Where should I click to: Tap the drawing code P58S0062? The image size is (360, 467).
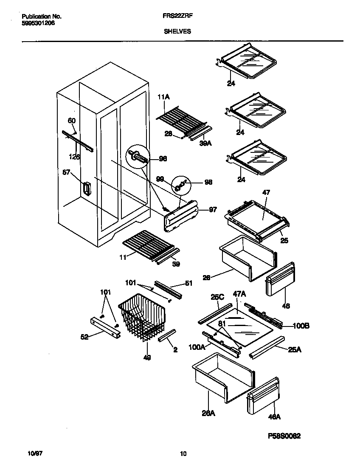click(284, 436)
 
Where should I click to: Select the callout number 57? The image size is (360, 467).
click(66, 172)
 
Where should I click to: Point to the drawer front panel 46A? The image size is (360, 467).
click(263, 397)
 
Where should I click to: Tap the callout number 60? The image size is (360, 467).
click(72, 121)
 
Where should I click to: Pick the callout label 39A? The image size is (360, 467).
click(205, 144)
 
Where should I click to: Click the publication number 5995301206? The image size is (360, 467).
click(38, 23)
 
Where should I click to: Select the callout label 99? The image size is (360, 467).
click(159, 180)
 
